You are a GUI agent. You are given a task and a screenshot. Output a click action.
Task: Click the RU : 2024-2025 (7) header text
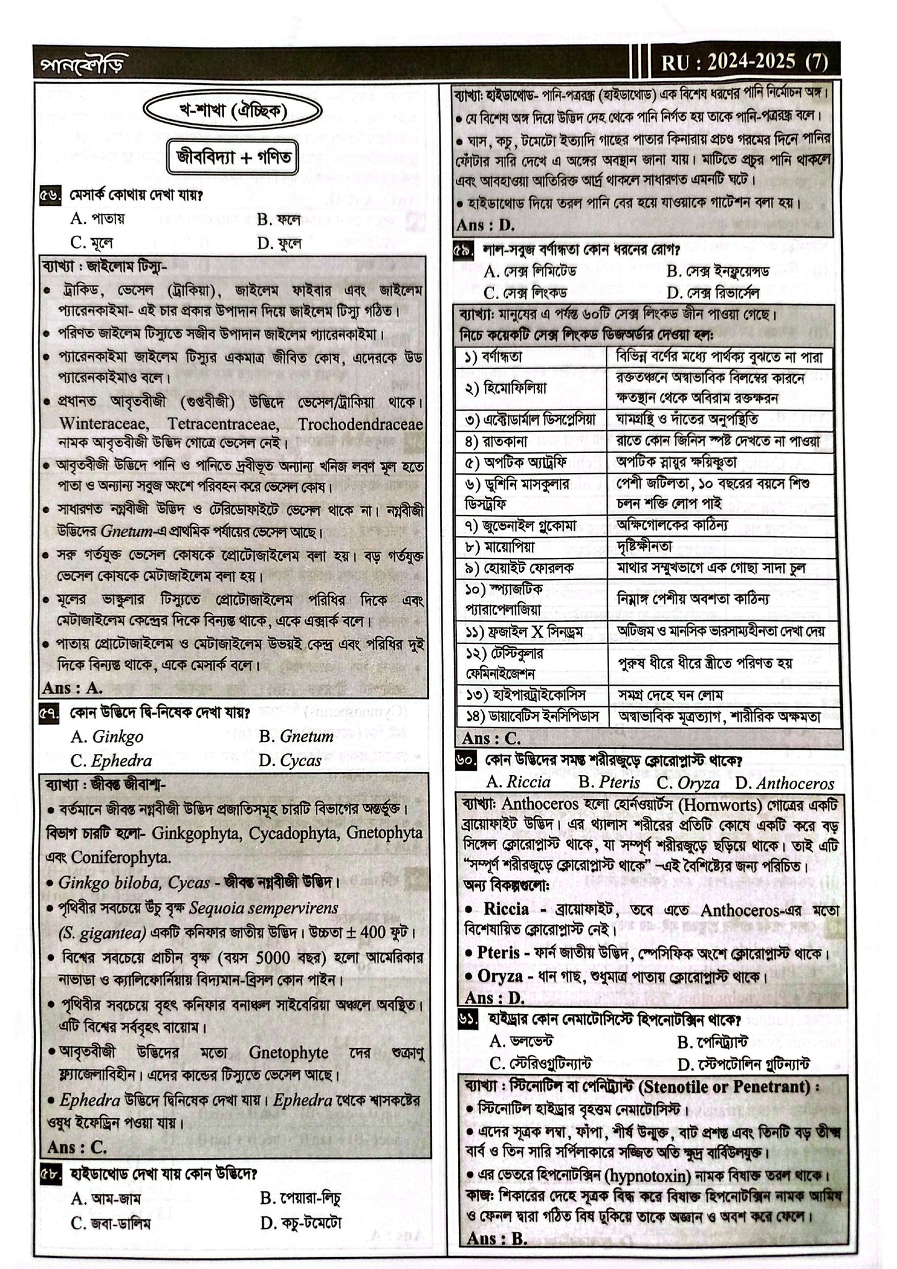click(744, 62)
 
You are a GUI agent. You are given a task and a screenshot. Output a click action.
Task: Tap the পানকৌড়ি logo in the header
click(78, 63)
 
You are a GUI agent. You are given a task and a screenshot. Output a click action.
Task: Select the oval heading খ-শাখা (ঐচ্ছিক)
click(233, 113)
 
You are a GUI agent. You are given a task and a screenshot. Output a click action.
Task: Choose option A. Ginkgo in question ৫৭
click(107, 737)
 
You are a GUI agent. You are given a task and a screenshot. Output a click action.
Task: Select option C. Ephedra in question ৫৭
click(111, 761)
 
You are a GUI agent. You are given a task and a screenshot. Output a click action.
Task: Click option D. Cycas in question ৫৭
click(291, 761)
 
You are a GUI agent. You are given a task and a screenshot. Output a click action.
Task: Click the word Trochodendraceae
click(360, 424)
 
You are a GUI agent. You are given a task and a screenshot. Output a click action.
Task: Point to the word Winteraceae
click(104, 424)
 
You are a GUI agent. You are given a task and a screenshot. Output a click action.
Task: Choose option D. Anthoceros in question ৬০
click(785, 783)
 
